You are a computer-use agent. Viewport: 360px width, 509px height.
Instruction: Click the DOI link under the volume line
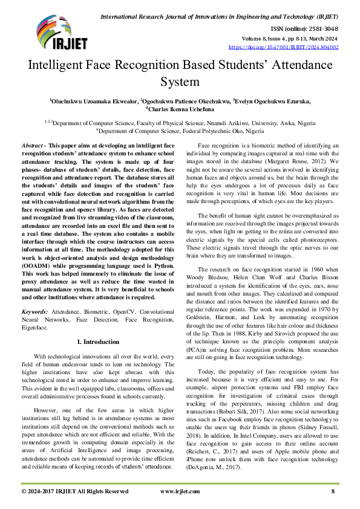(x=283, y=46)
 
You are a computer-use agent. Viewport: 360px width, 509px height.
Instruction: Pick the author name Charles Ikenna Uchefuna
(x=181, y=110)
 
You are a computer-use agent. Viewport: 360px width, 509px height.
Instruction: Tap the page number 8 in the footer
(x=333, y=491)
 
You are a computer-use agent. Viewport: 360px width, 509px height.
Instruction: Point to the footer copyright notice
(x=74, y=491)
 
